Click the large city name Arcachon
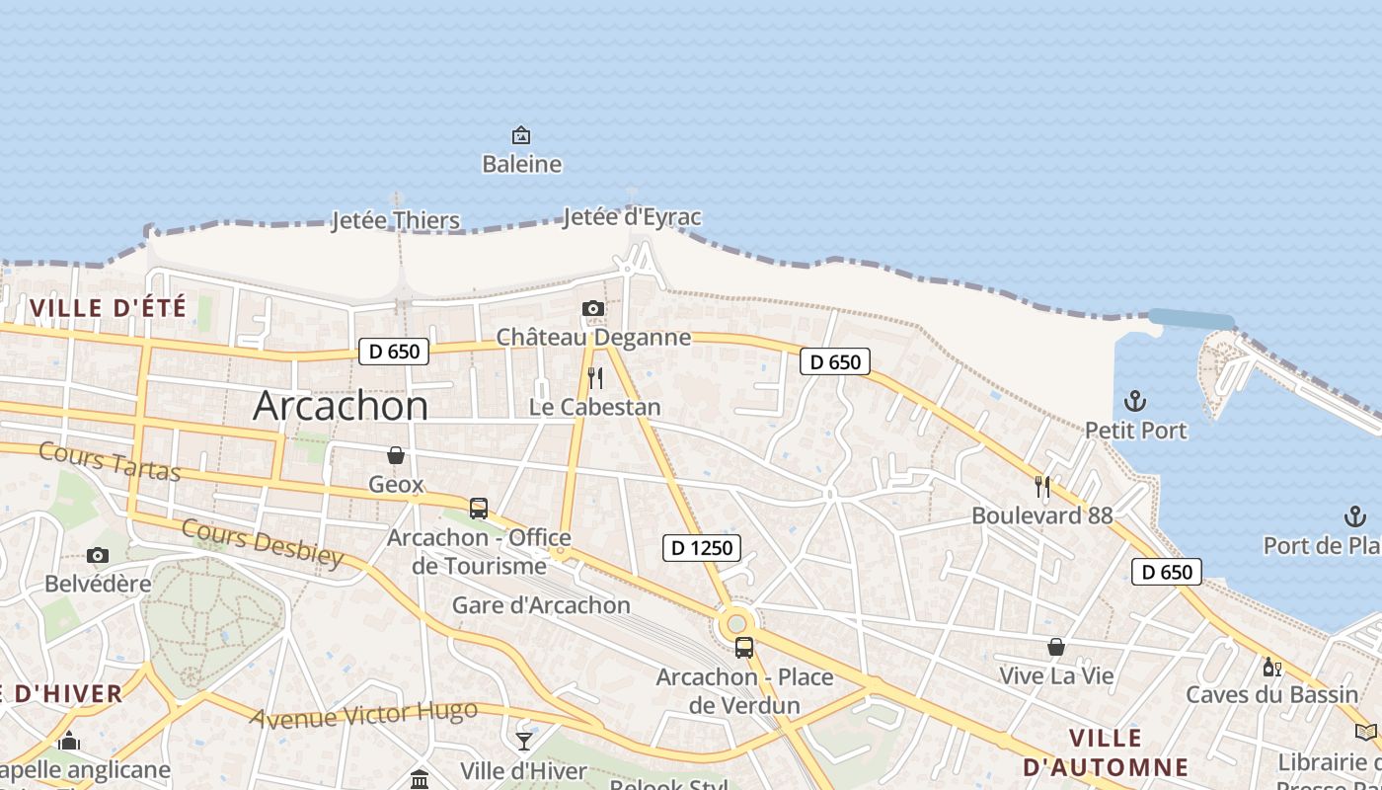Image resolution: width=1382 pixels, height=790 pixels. pyautogui.click(x=341, y=406)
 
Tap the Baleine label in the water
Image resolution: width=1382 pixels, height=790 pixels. pyautogui.click(x=521, y=164)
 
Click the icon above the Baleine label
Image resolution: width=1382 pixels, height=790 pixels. pyautogui.click(x=520, y=134)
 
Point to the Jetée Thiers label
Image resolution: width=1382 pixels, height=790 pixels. pyautogui.click(x=396, y=220)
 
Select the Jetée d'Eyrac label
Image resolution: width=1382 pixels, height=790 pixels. pyautogui.click(x=632, y=217)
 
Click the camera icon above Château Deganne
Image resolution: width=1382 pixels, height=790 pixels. pyautogui.click(x=592, y=309)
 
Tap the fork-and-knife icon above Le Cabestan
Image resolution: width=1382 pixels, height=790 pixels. pyautogui.click(x=594, y=377)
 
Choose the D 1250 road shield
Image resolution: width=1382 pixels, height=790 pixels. pyautogui.click(x=701, y=548)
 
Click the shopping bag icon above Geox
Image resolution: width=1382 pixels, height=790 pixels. pyautogui.click(x=396, y=455)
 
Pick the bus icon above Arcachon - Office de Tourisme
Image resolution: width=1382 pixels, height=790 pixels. pyautogui.click(x=479, y=509)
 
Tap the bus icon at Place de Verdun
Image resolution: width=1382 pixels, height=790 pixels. pyautogui.click(x=744, y=648)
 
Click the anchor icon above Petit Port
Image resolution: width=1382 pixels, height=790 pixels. pyautogui.click(x=1135, y=401)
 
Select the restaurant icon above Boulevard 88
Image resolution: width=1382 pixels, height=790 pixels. pyautogui.click(x=1041, y=486)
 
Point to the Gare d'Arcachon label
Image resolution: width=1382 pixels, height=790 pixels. pyautogui.click(x=541, y=605)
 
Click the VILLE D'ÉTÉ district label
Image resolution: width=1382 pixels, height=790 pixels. pyautogui.click(x=109, y=308)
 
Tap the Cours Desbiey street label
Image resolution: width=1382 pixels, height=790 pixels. pyautogui.click(x=263, y=542)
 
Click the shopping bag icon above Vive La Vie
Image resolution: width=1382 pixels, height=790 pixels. pyautogui.click(x=1056, y=647)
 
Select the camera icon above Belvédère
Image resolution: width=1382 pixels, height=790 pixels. pyautogui.click(x=97, y=555)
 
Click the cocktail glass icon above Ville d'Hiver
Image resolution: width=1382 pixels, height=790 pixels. pyautogui.click(x=523, y=741)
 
